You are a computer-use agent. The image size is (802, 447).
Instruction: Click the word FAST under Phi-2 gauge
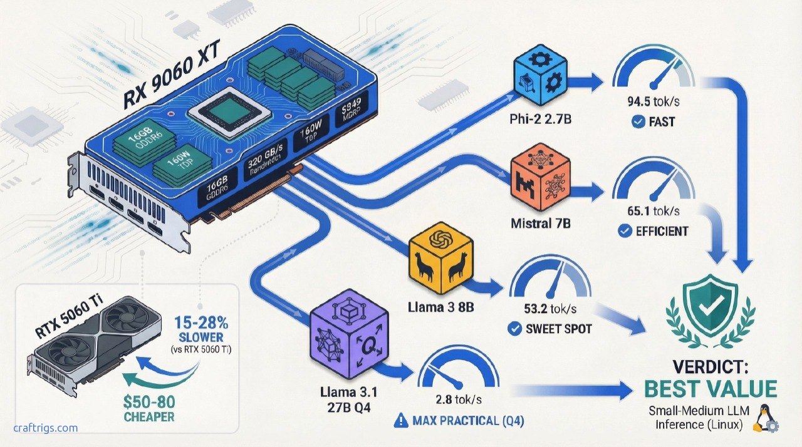[661, 121]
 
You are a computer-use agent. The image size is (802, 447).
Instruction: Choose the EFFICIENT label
[661, 231]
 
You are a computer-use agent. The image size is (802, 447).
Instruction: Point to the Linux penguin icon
[764, 418]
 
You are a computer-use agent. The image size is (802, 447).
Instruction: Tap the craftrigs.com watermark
[46, 428]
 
